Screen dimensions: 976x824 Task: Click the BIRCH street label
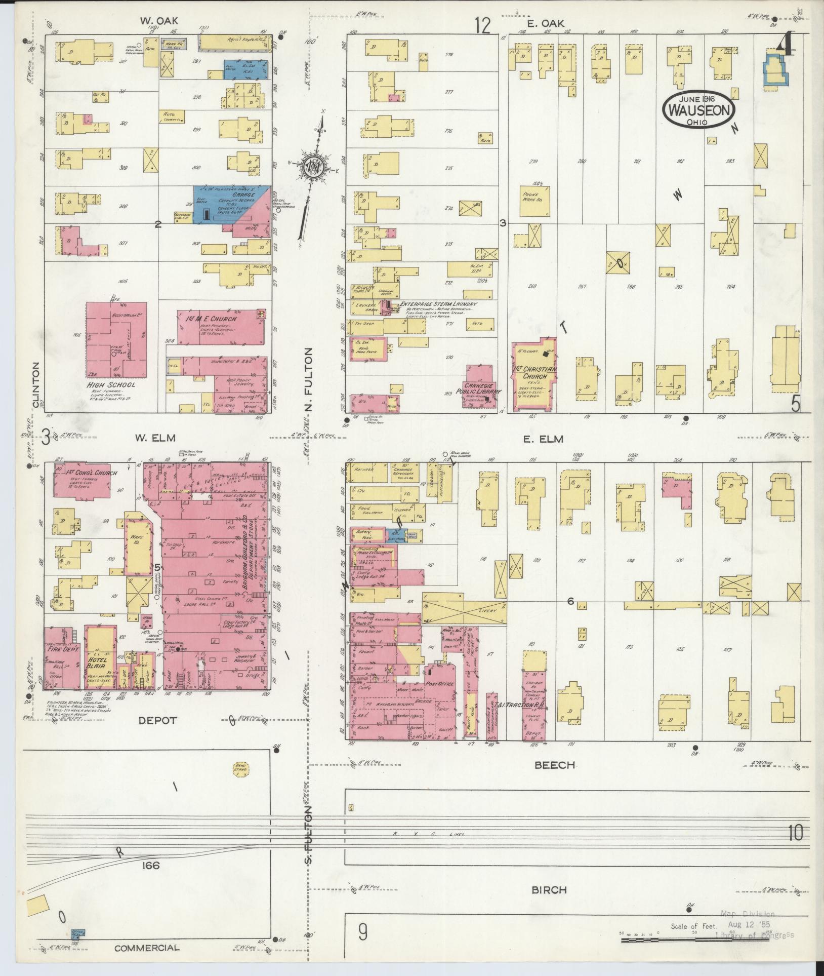tap(549, 889)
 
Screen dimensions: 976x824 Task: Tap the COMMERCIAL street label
tap(146, 948)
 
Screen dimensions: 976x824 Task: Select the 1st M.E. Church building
tap(221, 328)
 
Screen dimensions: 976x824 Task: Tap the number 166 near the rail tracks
tap(151, 866)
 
